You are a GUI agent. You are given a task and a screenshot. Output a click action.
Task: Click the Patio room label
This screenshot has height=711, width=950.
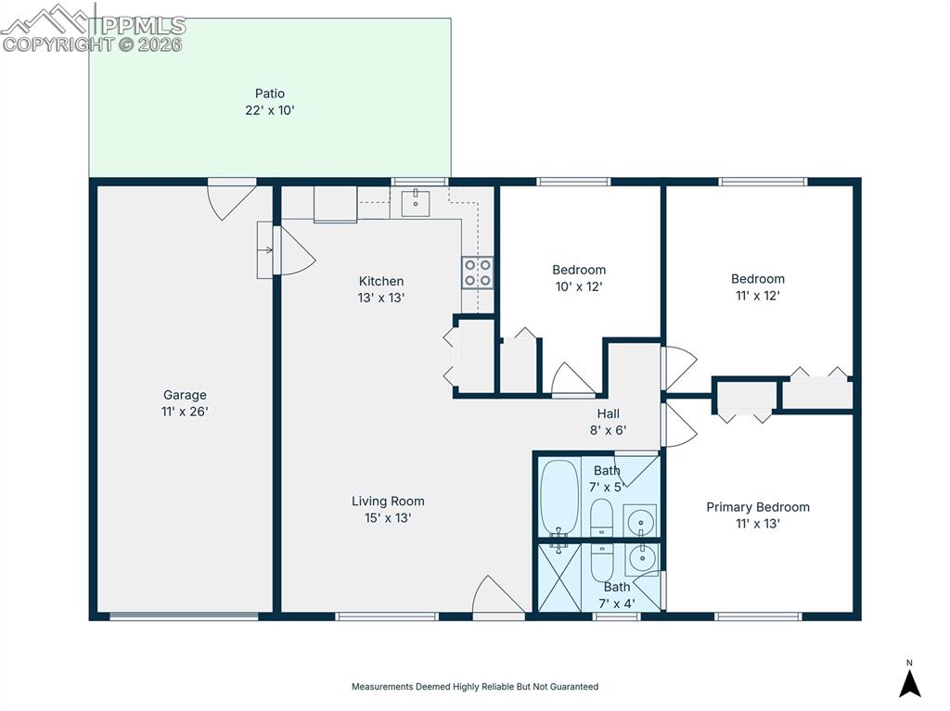coord(269,94)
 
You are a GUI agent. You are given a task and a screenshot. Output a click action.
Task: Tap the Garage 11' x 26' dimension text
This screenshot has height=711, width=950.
coord(186,412)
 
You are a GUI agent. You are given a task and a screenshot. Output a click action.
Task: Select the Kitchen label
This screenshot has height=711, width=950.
coord(381,281)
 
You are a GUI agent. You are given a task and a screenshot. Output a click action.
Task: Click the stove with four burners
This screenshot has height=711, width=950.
coord(478,273)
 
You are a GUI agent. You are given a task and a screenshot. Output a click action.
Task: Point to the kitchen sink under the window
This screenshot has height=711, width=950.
coord(417,201)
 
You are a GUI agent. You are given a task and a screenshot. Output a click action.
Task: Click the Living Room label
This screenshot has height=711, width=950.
coord(388,502)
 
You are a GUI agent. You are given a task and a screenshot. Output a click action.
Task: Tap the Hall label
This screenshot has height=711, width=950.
coord(609,413)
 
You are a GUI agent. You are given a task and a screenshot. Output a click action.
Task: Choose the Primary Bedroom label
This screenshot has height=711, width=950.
coord(757,507)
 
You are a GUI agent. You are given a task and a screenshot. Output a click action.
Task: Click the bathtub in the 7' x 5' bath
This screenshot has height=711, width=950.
coord(559,496)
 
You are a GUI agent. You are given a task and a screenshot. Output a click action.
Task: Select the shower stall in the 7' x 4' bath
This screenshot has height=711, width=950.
coord(559,578)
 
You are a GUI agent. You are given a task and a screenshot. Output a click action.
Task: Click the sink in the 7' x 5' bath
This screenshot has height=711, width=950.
coord(639,521)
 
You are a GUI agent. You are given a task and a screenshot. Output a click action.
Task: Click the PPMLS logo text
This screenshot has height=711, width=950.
coord(139,26)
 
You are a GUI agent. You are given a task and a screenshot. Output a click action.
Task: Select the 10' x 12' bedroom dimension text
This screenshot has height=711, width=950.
coord(579,287)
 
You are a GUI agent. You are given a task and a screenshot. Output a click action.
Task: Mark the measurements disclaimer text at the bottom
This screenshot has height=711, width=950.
coord(474,687)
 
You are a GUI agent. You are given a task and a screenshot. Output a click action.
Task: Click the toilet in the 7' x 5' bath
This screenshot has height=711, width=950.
coord(601,517)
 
